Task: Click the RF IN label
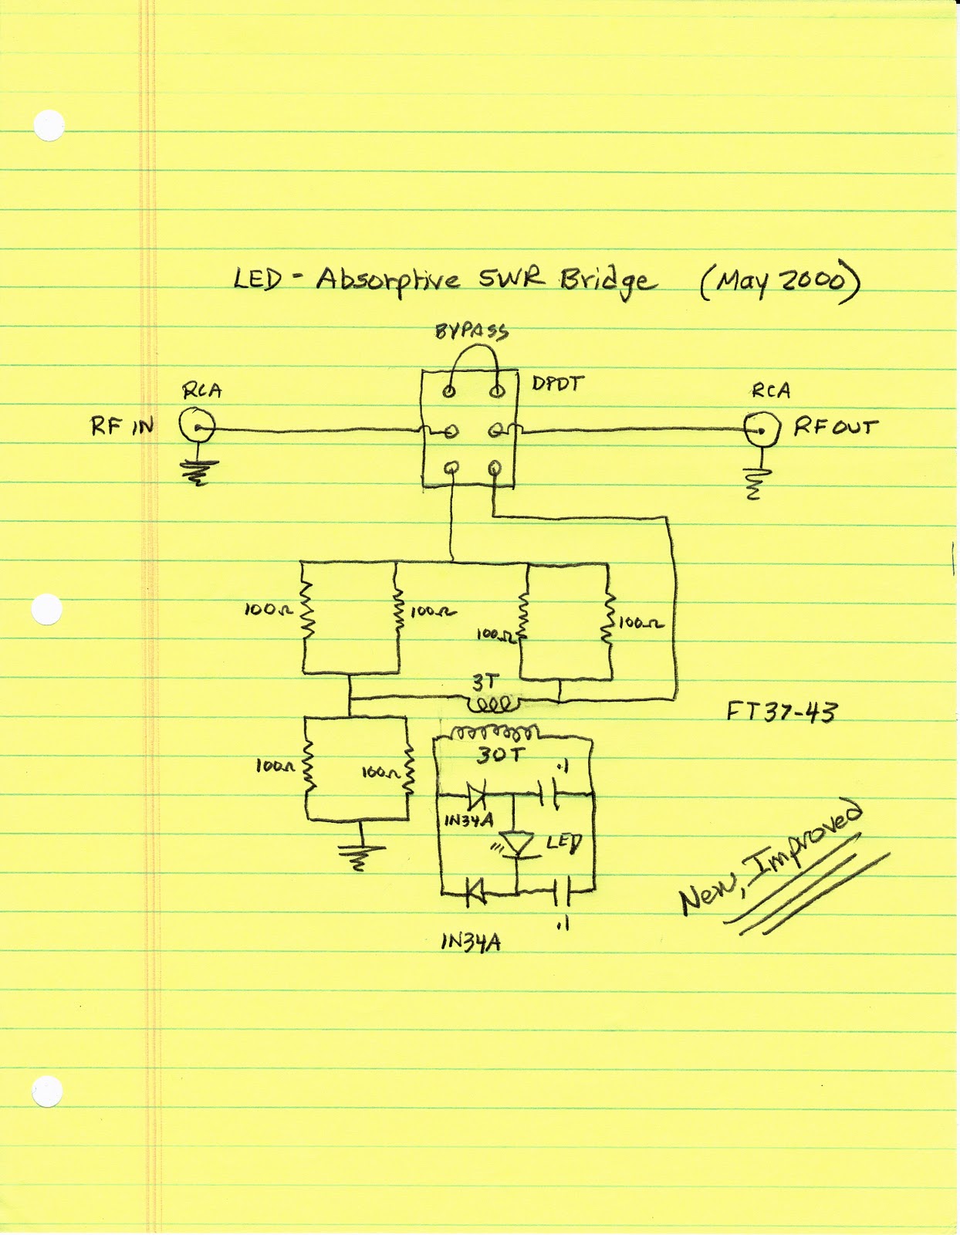[122, 426]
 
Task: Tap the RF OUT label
[836, 426]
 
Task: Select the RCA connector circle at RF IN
[197, 426]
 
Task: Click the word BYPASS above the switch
[472, 332]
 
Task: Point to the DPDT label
[558, 384]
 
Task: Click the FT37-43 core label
[781, 711]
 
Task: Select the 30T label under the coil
[499, 754]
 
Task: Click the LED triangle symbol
[516, 844]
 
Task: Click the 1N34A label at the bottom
[471, 942]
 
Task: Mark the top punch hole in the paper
[49, 126]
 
